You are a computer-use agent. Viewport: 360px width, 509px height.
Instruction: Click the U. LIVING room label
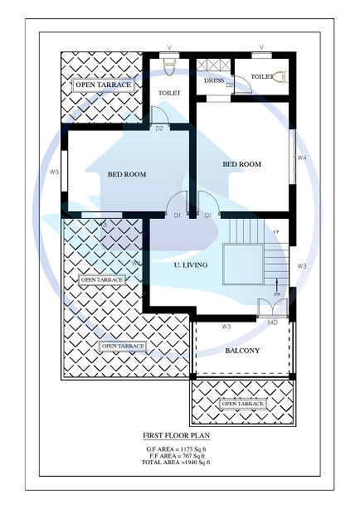pyautogui.click(x=190, y=264)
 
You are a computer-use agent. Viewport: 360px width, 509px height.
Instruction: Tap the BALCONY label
pyautogui.click(x=242, y=351)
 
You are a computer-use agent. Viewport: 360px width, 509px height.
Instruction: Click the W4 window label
pyautogui.click(x=302, y=158)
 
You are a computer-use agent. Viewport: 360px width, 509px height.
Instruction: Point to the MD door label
pyautogui.click(x=273, y=322)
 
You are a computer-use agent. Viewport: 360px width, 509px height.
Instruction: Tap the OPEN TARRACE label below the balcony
pyautogui.click(x=242, y=404)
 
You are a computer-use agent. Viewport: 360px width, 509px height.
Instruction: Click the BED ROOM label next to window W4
pyautogui.click(x=241, y=164)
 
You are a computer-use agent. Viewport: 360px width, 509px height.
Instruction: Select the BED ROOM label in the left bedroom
pyautogui.click(x=127, y=174)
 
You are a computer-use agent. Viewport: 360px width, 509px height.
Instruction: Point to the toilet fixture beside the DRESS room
pyautogui.click(x=280, y=77)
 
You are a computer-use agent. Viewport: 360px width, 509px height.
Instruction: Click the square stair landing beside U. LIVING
pyautogui.click(x=241, y=264)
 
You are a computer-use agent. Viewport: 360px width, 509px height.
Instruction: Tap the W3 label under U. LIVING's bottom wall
pyautogui.click(x=226, y=327)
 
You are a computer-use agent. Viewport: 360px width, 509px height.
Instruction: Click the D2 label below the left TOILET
pyautogui.click(x=159, y=128)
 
